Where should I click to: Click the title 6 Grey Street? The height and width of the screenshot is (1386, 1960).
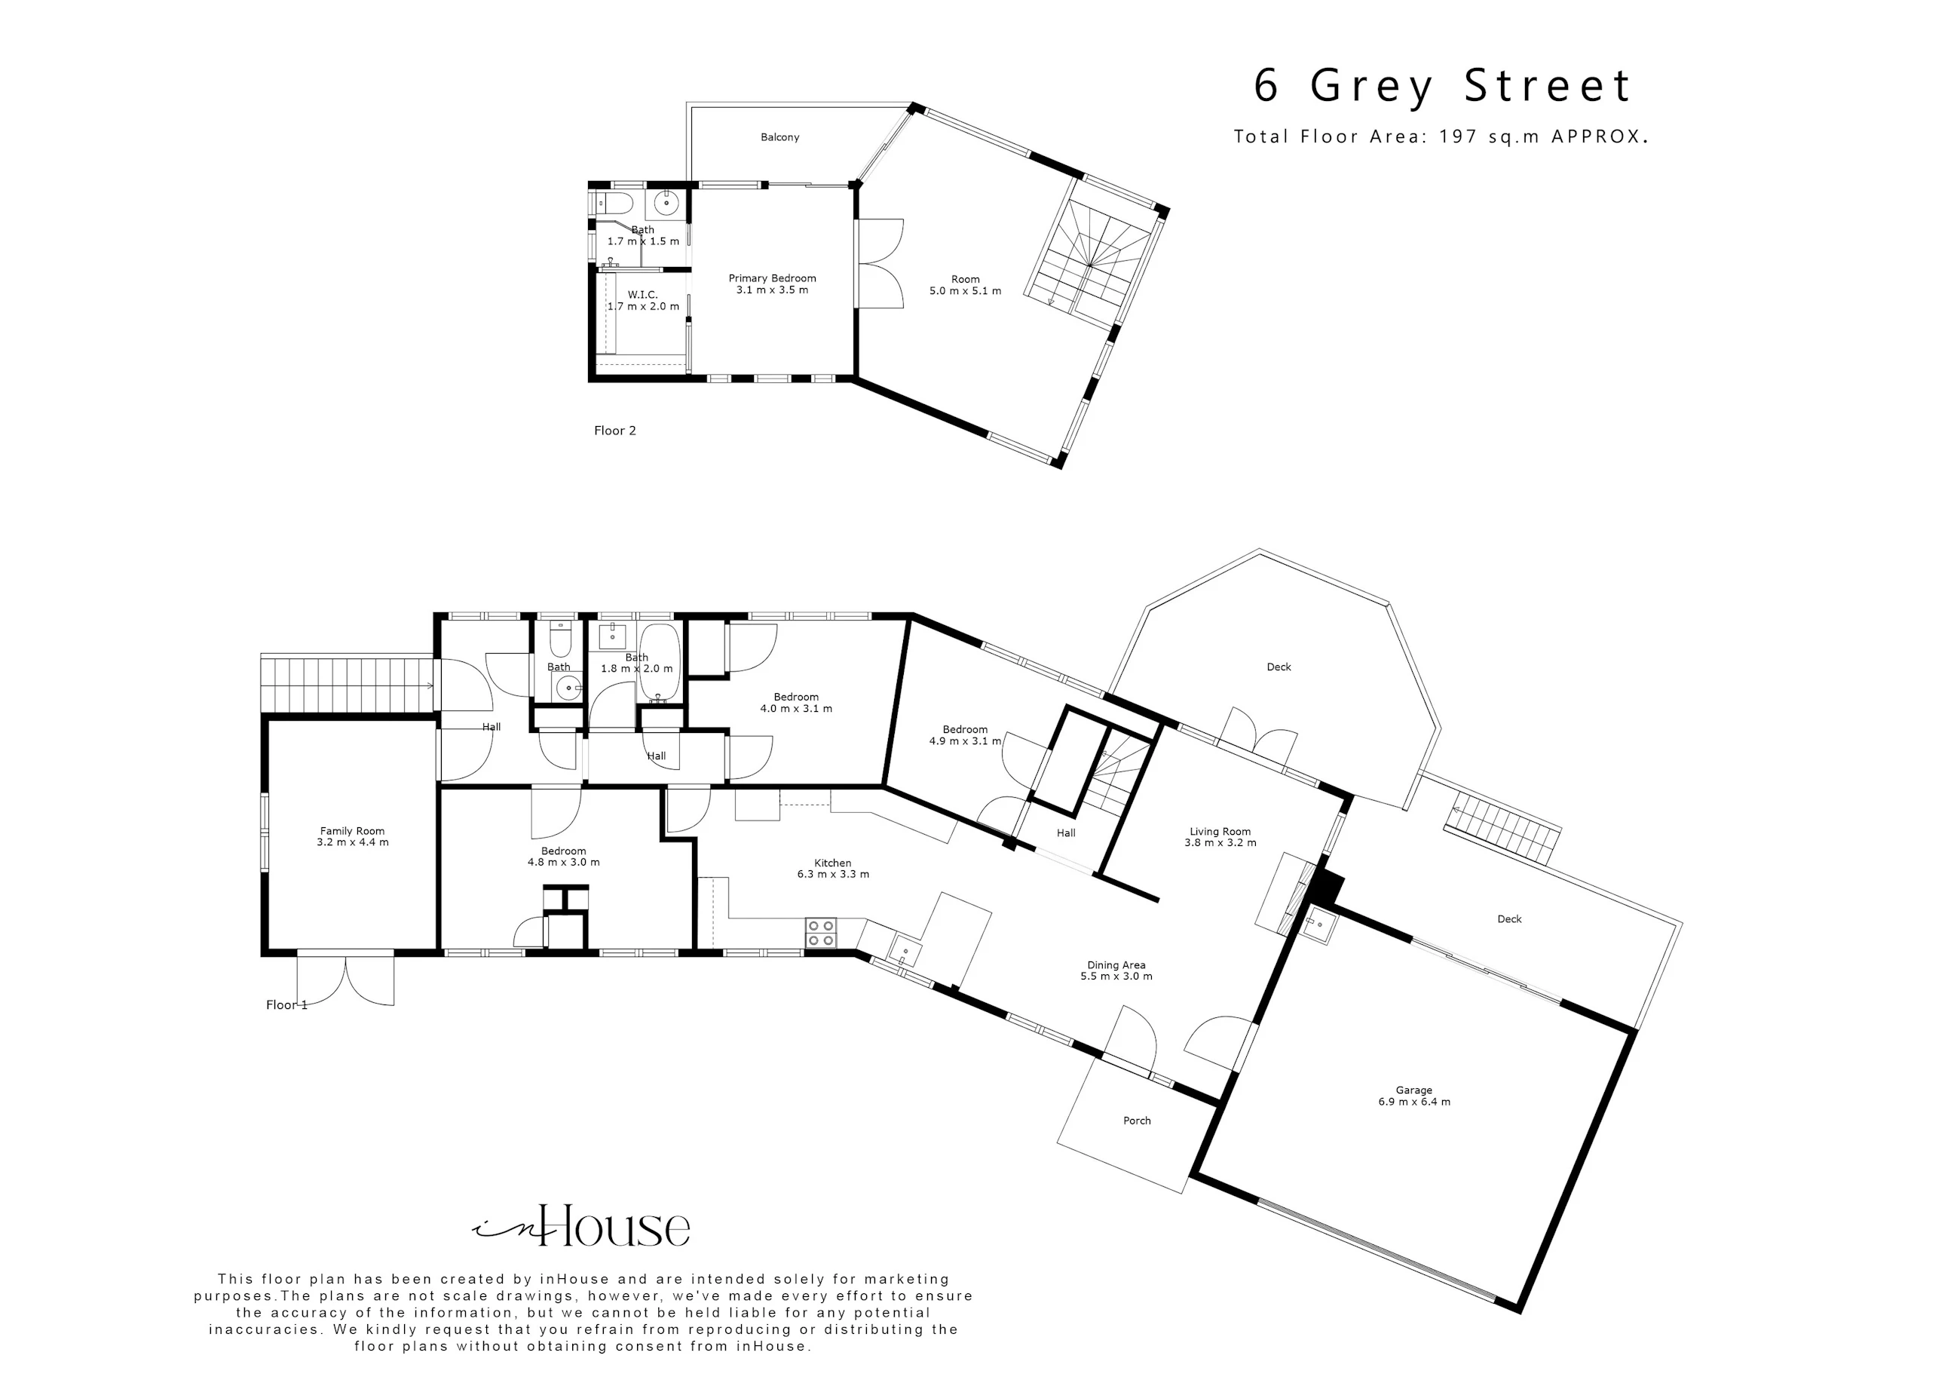coord(1442,86)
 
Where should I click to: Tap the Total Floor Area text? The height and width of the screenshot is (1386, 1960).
coord(1440,136)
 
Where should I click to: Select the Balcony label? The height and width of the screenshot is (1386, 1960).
coord(779,136)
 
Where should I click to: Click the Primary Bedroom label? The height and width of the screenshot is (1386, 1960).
coord(772,284)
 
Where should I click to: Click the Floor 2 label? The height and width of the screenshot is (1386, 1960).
coord(614,431)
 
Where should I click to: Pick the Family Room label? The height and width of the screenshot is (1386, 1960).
coord(352,836)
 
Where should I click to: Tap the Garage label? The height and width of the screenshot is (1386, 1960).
coord(1413,1096)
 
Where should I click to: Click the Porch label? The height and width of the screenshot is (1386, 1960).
coord(1137,1121)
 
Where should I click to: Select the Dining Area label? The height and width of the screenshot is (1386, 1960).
coord(1116,970)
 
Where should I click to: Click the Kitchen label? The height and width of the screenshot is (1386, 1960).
coord(832,869)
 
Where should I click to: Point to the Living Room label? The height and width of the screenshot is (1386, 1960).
coord(1220,837)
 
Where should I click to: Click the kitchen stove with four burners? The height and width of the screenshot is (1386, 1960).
coord(821,933)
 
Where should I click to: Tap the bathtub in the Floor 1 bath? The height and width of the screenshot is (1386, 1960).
coord(660,663)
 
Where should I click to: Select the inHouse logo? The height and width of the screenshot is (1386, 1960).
coord(580,1226)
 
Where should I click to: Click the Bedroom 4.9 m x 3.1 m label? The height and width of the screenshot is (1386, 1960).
coord(965,735)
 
